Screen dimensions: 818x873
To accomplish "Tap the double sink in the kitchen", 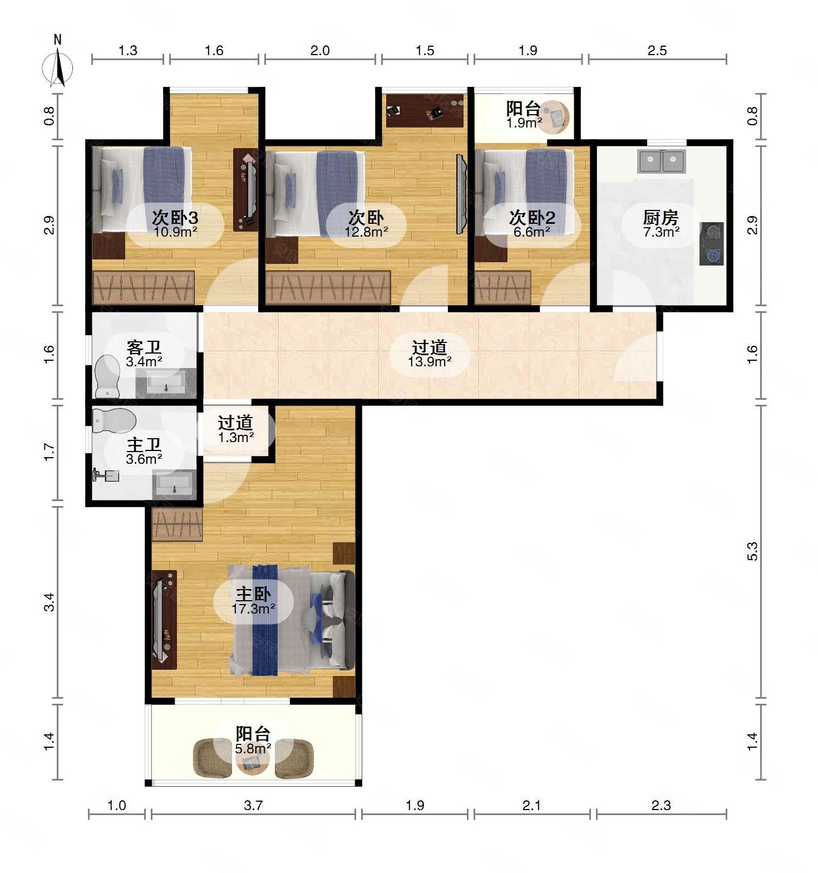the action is coord(662,161).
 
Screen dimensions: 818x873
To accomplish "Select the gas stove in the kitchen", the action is coord(712,243).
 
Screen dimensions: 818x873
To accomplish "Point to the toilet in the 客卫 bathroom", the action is coord(107,377).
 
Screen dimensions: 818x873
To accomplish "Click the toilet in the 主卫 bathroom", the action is coord(114,421).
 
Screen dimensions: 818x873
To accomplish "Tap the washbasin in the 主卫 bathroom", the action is coord(174,483).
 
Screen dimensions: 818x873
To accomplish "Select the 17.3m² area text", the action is coord(253,609).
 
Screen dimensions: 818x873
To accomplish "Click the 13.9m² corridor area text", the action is coord(430,361).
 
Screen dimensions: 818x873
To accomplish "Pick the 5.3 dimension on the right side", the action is coord(752,551).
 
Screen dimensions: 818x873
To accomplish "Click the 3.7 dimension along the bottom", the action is coord(253,805).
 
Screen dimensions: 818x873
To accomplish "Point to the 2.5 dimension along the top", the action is coord(657,51).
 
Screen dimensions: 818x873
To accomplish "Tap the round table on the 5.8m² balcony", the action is coord(253,761).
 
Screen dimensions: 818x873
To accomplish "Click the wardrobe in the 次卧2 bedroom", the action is coord(502,287).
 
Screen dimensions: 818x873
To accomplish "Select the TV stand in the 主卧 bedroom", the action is coord(164,620).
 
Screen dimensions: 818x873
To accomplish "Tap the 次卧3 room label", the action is coord(175,217).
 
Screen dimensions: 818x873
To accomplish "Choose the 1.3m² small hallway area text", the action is coord(236,437).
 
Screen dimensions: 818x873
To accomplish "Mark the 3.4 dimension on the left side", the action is coord(50,602).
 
